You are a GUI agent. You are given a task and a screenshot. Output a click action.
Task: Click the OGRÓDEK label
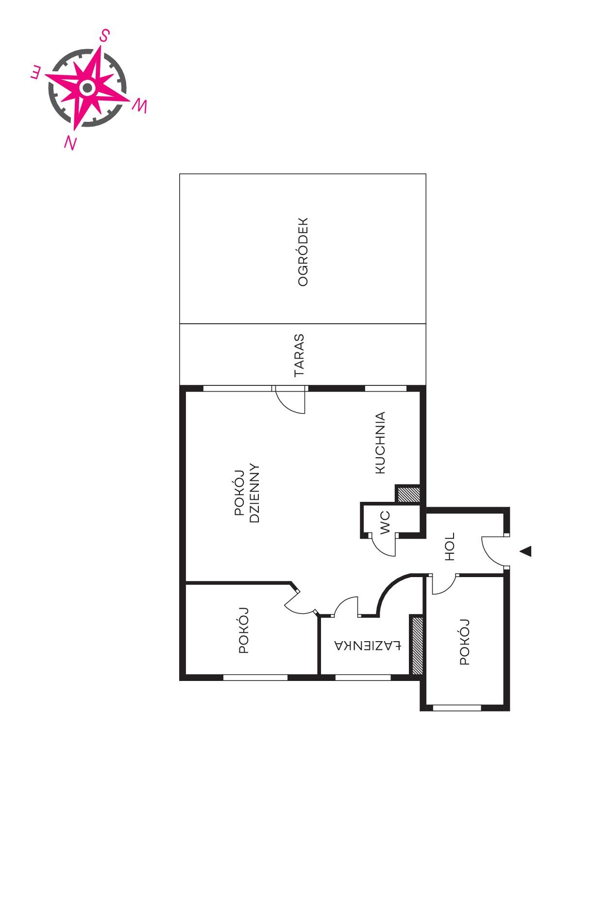tap(303, 252)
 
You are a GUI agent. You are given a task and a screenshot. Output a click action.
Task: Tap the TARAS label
tap(299, 355)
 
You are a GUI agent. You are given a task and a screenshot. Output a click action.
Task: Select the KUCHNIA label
tap(380, 443)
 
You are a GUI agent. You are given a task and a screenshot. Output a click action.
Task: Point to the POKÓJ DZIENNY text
tap(248, 493)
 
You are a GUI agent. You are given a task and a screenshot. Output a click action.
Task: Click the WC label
tap(386, 522)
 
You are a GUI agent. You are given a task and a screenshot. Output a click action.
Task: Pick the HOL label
tap(450, 547)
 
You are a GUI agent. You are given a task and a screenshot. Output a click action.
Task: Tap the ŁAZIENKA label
tap(368, 646)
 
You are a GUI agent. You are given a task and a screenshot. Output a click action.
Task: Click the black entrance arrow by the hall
tap(525, 551)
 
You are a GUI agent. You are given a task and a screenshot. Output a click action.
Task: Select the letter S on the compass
tap(104, 35)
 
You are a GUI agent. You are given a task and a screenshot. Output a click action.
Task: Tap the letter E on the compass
tap(36, 73)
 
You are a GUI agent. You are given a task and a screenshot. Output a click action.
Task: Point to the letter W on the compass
tap(139, 105)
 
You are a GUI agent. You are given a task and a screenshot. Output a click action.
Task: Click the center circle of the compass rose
tap(87, 88)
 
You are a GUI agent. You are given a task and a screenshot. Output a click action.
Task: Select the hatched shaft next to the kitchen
tap(407, 495)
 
